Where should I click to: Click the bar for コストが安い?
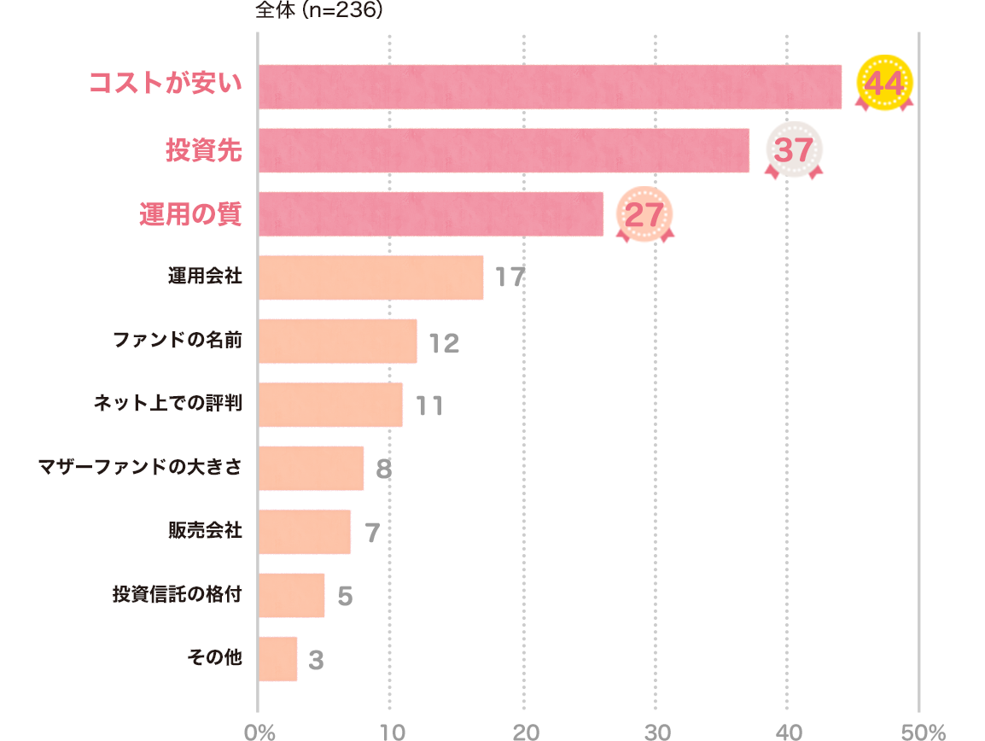(x=549, y=86)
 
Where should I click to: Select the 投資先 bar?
(x=503, y=150)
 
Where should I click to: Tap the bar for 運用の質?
(x=430, y=213)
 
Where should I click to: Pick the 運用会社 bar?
(x=370, y=277)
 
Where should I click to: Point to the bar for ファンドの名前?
(x=337, y=341)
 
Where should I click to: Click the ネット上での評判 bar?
(x=329, y=405)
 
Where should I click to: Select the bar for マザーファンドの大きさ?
(x=311, y=468)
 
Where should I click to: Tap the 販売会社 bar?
(x=304, y=532)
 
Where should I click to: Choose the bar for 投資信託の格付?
(x=291, y=595)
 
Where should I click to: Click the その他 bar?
(x=277, y=659)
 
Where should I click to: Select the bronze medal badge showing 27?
(x=644, y=214)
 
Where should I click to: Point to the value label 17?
(x=510, y=278)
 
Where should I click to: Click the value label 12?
(x=444, y=343)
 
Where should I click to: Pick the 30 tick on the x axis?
(x=656, y=732)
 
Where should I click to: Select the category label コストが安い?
(x=166, y=85)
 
